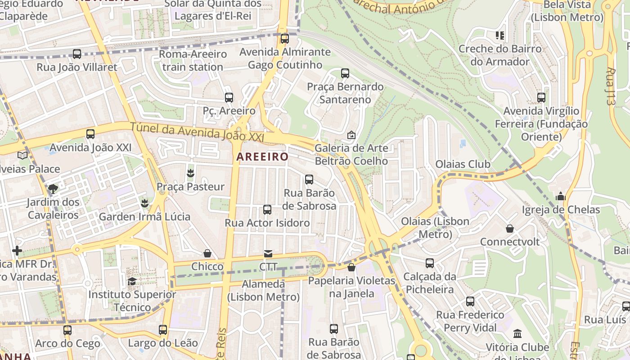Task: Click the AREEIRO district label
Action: pos(262,157)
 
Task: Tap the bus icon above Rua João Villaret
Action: pos(77,54)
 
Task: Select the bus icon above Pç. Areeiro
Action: pos(229,97)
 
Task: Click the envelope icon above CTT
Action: pos(268,254)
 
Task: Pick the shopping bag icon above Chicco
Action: pos(207,253)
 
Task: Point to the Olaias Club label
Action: pos(463,164)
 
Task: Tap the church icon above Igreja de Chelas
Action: pos(560,196)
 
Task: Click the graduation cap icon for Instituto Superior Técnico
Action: pos(132,281)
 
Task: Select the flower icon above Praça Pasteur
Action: pos(190,173)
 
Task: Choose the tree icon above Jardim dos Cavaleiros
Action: pos(53,189)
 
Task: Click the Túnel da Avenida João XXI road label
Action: pos(197,131)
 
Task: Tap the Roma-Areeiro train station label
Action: pos(193,60)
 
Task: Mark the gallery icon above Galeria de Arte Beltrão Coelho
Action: pos(351,135)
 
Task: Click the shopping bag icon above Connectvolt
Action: pos(509,229)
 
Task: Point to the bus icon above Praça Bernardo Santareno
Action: pos(345,73)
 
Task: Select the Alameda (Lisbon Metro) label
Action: pos(263,290)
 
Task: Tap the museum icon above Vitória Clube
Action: pos(517,334)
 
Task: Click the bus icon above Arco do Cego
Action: pos(67,330)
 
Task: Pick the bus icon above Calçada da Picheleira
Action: pos(430,263)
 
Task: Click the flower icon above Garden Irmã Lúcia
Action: pos(144,203)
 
